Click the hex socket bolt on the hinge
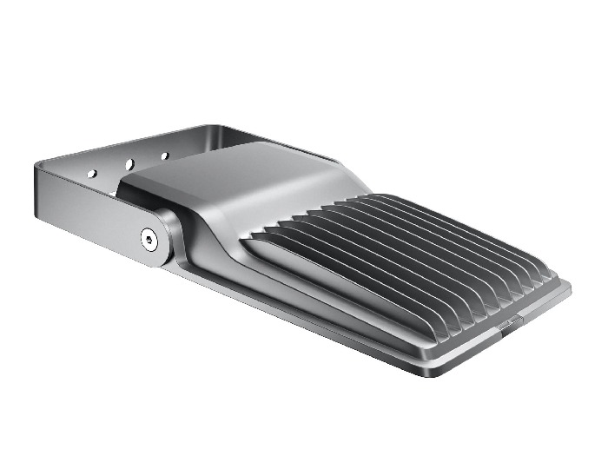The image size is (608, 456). tap(149, 236)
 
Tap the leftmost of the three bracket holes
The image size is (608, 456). tap(91, 174)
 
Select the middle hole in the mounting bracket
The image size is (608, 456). tap(129, 163)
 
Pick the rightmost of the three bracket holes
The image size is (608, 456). tap(164, 156)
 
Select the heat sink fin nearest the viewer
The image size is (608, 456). tap(347, 278)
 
